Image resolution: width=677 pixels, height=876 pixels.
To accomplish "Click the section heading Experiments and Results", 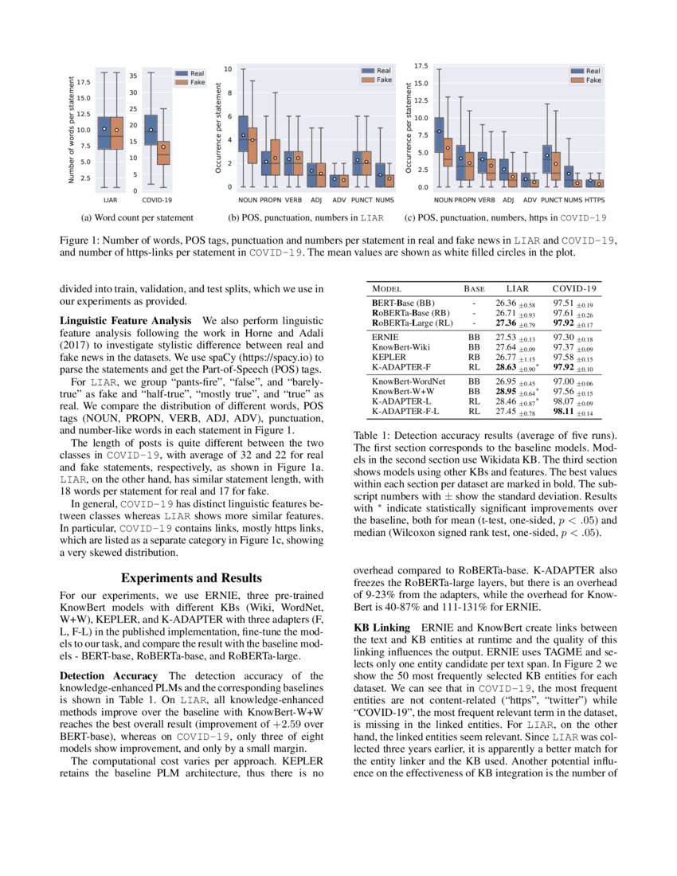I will pos(191,577).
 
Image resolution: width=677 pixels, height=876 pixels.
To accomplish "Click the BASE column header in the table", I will pos(474,287).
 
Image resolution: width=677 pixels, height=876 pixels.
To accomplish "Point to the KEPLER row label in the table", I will pos(389,357).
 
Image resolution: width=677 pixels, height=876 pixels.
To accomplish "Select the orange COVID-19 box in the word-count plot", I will pos(162,148).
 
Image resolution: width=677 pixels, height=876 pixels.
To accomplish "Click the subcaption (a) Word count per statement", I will pos(137,217).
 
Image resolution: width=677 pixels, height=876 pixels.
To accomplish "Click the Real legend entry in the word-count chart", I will pos(196,71).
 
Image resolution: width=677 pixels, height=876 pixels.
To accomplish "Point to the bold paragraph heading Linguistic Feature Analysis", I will pos(125,319).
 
